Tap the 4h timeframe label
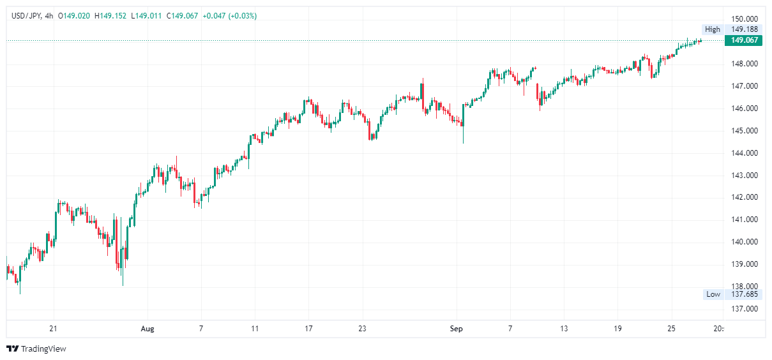pyautogui.click(x=50, y=15)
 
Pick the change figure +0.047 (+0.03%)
pyautogui.click(x=230, y=15)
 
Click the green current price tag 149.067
pyautogui.click(x=744, y=40)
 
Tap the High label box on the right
pyautogui.click(x=712, y=29)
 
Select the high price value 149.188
pyautogui.click(x=744, y=29)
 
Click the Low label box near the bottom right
pyautogui.click(x=713, y=294)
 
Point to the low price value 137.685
pyautogui.click(x=744, y=294)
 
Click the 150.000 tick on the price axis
pyautogui.click(x=744, y=19)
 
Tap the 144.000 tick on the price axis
pyautogui.click(x=744, y=153)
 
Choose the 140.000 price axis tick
pyautogui.click(x=744, y=242)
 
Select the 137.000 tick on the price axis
pyautogui.click(x=744, y=309)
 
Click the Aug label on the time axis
pyautogui.click(x=148, y=329)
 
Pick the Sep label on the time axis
pyautogui.click(x=457, y=329)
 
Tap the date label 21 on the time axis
pyautogui.click(x=54, y=329)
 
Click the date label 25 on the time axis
pyautogui.click(x=670, y=329)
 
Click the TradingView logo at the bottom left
pyautogui.click(x=36, y=349)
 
